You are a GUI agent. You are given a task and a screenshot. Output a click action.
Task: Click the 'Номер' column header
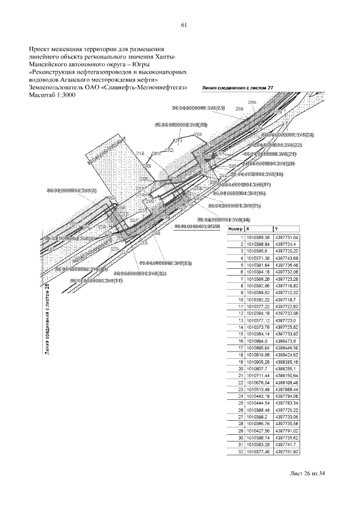coord(235,229)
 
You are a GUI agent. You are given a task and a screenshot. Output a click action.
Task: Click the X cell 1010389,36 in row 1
coord(256,238)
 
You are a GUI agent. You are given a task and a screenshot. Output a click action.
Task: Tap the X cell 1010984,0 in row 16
coord(255,341)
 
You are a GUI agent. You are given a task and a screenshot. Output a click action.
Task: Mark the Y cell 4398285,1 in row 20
coord(286,368)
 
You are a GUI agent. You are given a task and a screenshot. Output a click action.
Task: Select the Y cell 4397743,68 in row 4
coord(287,258)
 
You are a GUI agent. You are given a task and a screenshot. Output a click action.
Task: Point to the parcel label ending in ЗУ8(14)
coord(224,219)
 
